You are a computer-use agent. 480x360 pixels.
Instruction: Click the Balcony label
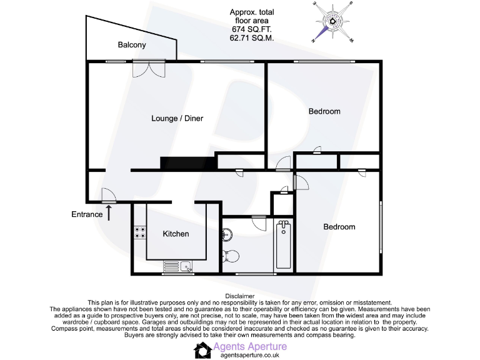point(132,45)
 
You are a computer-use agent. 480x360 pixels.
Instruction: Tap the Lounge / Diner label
point(177,118)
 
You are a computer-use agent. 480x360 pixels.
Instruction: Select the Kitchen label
point(176,234)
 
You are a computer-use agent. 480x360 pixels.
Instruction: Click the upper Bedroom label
point(324,111)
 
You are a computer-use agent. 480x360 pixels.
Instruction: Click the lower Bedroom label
point(339,227)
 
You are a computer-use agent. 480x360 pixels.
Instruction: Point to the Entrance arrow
point(110,212)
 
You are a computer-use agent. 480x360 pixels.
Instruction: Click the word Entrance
point(86,214)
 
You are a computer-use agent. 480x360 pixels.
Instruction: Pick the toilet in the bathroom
point(231,255)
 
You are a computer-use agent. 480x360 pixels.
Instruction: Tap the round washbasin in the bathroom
point(227,235)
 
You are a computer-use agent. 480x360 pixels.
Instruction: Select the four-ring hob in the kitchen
point(139,232)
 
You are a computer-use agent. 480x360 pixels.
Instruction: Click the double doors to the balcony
point(149,68)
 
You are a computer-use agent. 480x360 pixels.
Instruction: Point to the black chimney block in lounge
point(187,162)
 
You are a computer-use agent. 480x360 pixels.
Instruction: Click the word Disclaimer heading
point(240,296)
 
